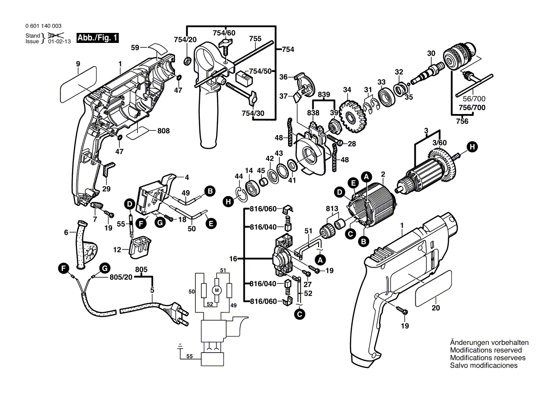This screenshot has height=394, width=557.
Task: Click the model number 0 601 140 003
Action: point(43,26)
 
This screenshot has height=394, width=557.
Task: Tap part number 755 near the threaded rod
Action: point(255,39)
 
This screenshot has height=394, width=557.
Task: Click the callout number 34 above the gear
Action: point(347,90)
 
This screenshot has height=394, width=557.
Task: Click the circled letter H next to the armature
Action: point(472,147)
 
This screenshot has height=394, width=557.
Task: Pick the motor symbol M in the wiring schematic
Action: point(217,290)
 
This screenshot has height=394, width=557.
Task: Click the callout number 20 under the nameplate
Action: point(436,309)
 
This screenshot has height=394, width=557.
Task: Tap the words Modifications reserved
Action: point(486,350)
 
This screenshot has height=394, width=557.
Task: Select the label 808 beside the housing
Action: point(164,131)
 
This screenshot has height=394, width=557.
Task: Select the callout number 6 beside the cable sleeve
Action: point(66,232)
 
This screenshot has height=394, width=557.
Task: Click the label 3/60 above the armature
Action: point(439,143)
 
